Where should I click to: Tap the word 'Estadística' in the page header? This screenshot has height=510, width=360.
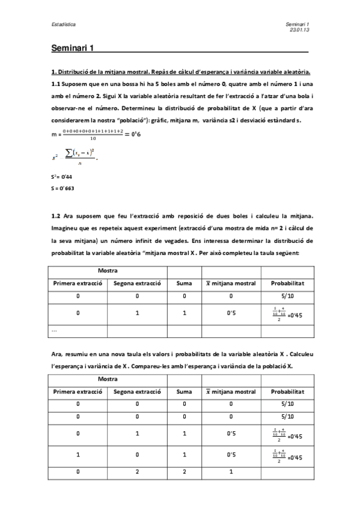tap(63, 25)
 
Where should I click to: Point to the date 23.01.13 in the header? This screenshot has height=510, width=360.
tap(299, 29)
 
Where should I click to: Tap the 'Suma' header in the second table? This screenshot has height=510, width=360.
tap(184, 392)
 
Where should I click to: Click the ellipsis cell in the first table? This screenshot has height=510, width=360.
tap(55, 330)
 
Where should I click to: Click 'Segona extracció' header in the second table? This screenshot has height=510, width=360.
tap(137, 392)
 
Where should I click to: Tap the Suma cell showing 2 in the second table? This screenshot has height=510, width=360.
tap(184, 472)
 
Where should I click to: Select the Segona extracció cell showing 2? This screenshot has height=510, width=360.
tap(137, 472)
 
